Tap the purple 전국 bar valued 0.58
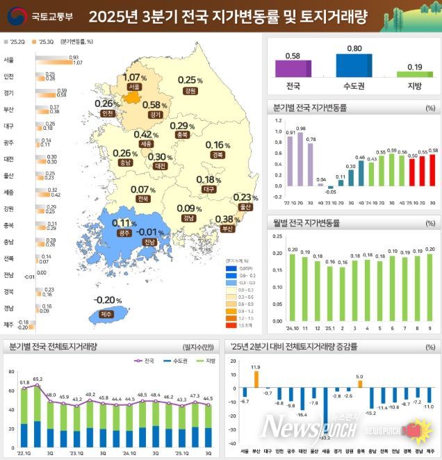293,69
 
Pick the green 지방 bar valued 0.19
414,74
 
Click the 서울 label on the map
134,87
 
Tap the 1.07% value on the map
134,77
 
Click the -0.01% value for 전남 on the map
149,231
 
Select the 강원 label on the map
189,91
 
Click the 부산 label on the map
227,229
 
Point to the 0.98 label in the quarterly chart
301,129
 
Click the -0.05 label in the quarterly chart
330,192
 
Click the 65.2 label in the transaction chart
37,379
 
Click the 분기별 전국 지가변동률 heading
309,108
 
